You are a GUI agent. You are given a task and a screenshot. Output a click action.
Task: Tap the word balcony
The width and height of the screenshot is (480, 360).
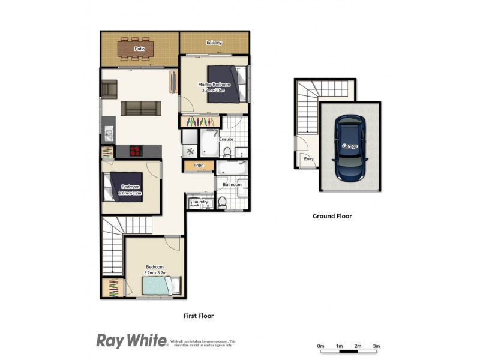tap(214, 43)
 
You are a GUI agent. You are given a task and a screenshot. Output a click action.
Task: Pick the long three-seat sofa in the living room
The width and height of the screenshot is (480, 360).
tap(140, 108)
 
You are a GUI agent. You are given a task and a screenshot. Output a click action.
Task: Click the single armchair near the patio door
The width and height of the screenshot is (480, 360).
tap(109, 89)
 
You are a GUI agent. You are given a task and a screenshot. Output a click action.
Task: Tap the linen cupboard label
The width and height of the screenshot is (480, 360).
tap(199, 165)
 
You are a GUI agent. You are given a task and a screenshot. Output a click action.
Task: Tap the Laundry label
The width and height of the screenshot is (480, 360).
tap(199, 203)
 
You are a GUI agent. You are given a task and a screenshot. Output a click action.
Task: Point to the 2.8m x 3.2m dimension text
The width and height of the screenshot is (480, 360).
tap(130, 194)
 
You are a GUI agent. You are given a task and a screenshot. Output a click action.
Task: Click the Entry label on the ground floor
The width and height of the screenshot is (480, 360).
tap(309, 159)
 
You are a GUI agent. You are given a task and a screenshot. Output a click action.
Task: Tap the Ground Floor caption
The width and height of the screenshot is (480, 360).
tap(332, 216)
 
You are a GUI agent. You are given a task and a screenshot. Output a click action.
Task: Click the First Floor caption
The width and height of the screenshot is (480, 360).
tap(198, 315)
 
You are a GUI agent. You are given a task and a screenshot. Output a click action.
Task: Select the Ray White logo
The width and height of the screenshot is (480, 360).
tap(131, 341)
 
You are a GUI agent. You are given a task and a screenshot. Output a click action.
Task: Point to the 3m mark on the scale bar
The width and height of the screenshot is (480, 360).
tap(376, 347)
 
